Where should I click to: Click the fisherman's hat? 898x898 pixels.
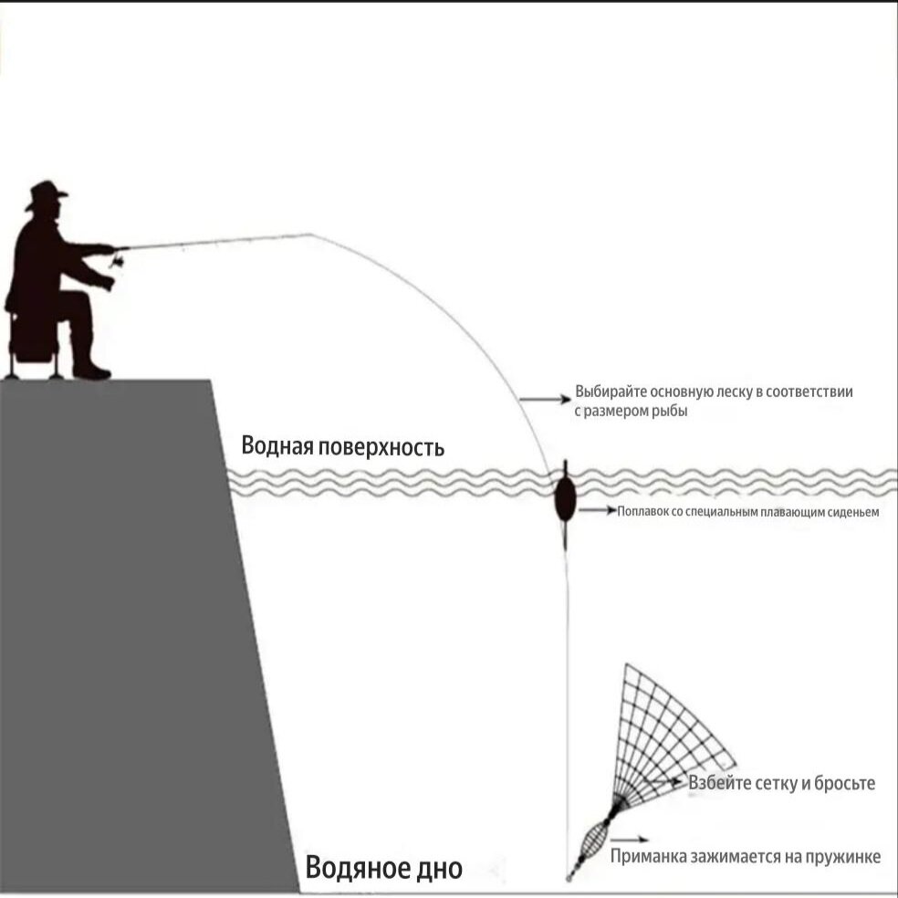click(x=46, y=194)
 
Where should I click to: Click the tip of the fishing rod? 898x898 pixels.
click(x=311, y=235)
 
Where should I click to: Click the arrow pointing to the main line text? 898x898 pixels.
click(x=543, y=400)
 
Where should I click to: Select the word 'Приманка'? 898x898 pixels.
click(x=646, y=857)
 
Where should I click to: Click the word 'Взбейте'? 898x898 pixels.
click(x=720, y=783)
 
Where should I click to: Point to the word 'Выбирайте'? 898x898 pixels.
click(x=609, y=392)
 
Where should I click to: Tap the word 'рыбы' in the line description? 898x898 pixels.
click(x=670, y=412)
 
